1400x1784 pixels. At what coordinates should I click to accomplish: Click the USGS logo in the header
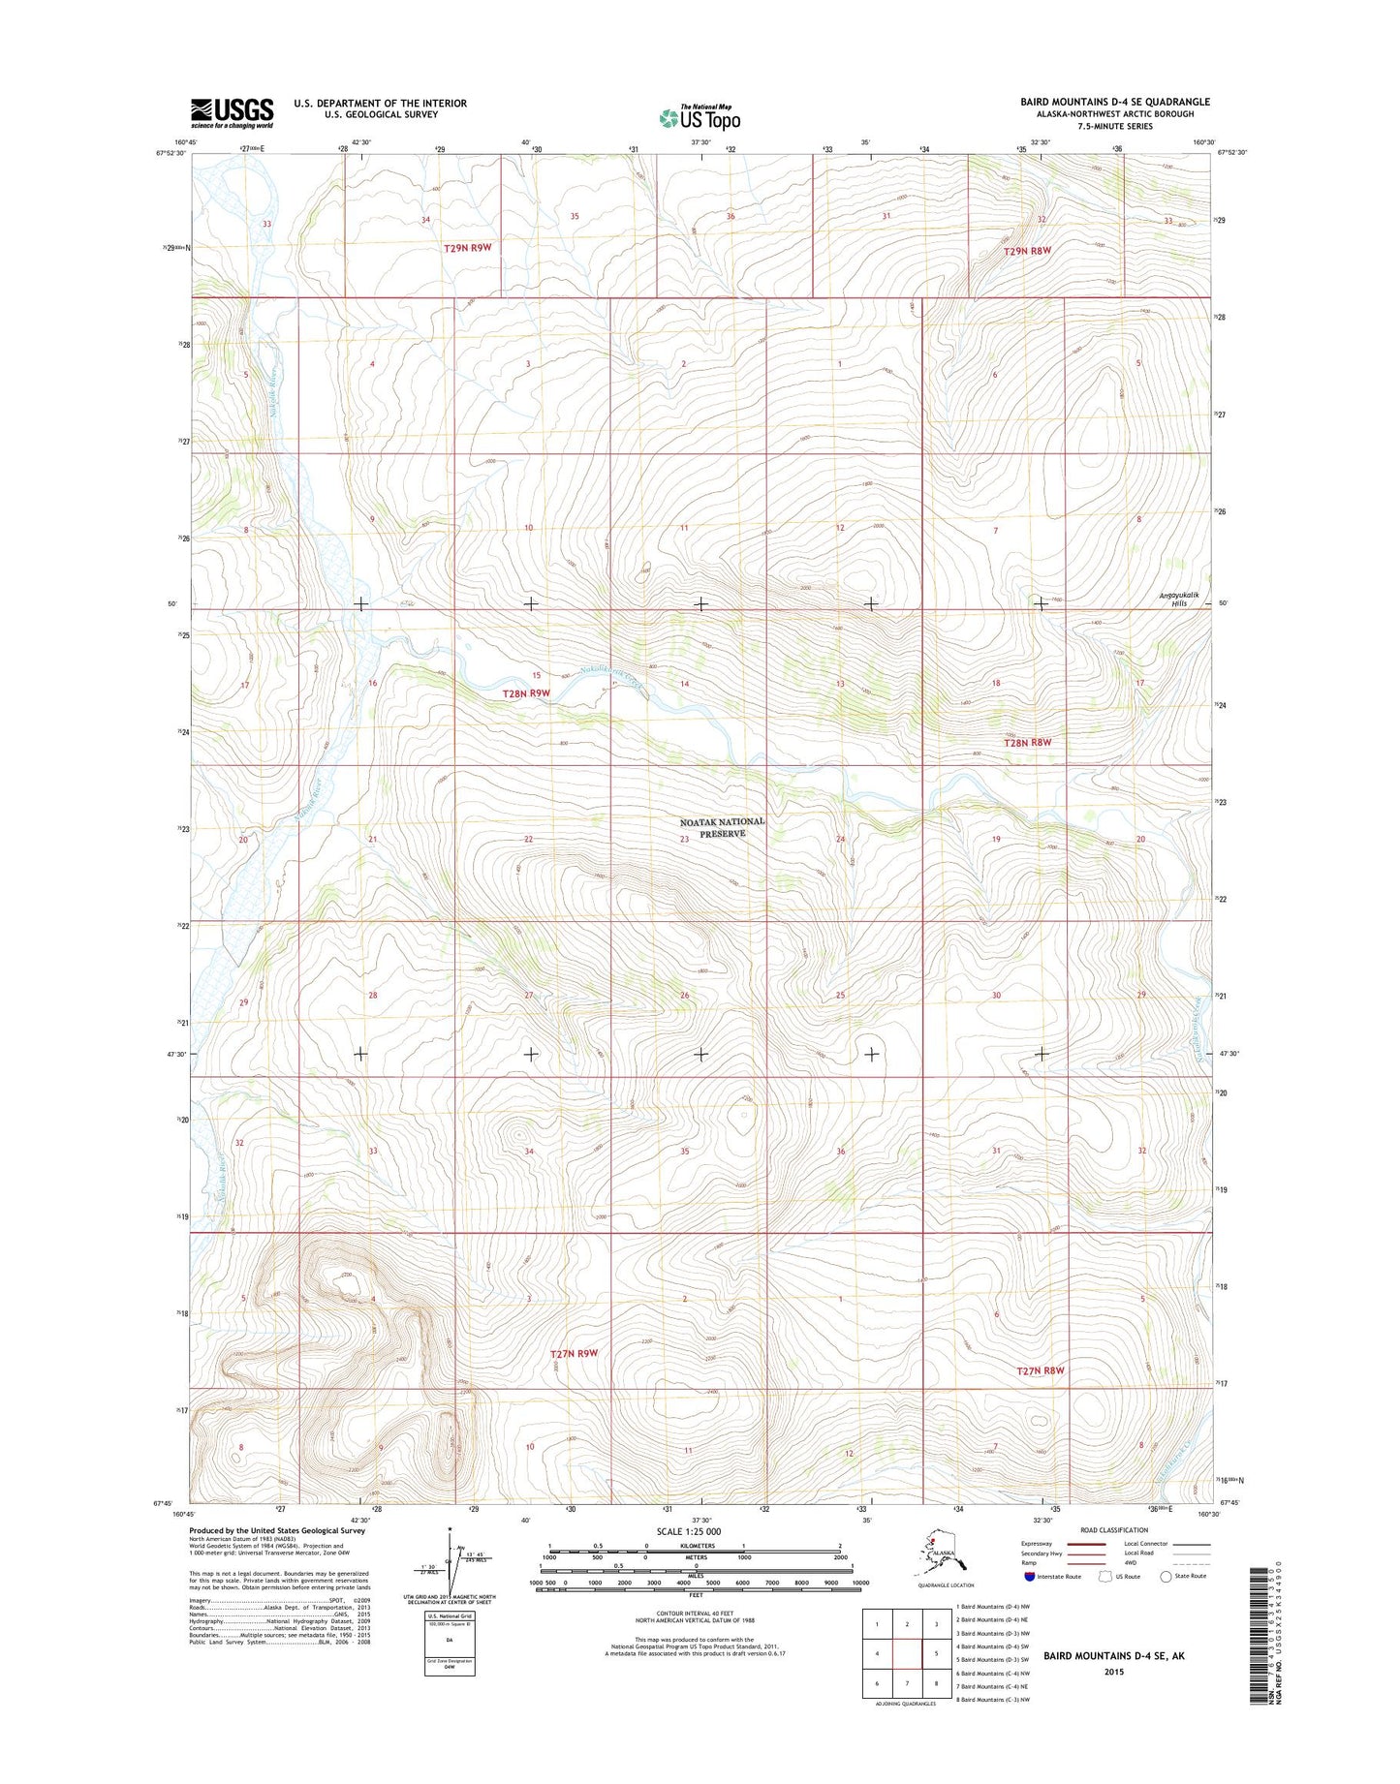coord(232,112)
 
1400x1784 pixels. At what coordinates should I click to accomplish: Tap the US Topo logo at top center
coord(700,117)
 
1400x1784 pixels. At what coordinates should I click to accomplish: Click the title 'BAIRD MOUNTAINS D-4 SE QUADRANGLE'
coord(1114,102)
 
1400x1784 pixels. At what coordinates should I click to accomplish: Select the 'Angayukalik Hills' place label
coord(1179,599)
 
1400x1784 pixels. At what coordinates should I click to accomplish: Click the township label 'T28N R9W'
coord(526,693)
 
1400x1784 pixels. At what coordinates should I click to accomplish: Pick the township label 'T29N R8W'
coord(1027,250)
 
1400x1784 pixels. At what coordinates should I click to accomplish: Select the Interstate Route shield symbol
coord(1028,1576)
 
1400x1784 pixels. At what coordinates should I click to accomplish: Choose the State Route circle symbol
coord(1166,1576)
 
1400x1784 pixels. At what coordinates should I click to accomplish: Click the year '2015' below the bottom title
coord(1113,1672)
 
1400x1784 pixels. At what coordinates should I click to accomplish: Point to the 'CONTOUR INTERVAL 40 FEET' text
coord(695,1614)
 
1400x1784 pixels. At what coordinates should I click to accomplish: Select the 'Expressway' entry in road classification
coord(1036,1544)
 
